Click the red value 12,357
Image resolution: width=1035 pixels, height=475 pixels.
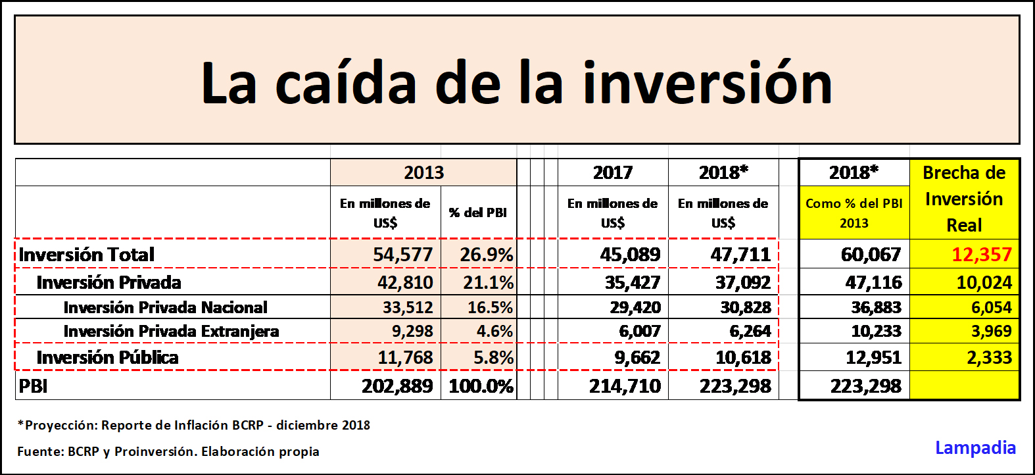coord(981,255)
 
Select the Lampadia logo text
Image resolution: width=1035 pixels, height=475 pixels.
coord(975,448)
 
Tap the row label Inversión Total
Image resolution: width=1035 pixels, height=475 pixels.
coord(87,255)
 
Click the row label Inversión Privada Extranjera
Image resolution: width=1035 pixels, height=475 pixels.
coord(171,332)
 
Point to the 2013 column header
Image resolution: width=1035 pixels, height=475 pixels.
coord(423,173)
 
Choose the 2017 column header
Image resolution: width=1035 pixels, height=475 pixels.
coord(612,173)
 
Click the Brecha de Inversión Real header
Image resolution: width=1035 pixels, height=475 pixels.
coord(964,199)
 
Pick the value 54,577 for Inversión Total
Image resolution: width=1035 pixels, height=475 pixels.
coord(402,255)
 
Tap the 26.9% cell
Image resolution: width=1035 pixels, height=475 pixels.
coord(486,255)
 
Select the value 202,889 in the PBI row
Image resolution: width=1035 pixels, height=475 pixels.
coord(397,386)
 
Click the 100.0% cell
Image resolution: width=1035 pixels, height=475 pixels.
coord(481,386)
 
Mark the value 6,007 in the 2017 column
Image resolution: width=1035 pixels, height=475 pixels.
coord(639,332)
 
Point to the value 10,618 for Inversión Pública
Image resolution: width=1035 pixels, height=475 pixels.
coord(743,358)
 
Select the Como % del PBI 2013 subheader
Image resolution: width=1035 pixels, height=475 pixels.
coord(854,213)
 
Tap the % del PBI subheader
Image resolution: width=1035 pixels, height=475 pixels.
coord(478,213)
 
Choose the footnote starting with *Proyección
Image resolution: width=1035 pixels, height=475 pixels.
coord(194,426)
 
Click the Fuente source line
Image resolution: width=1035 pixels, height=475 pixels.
coord(168,452)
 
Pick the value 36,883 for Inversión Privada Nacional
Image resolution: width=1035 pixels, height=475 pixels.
coord(876,307)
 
